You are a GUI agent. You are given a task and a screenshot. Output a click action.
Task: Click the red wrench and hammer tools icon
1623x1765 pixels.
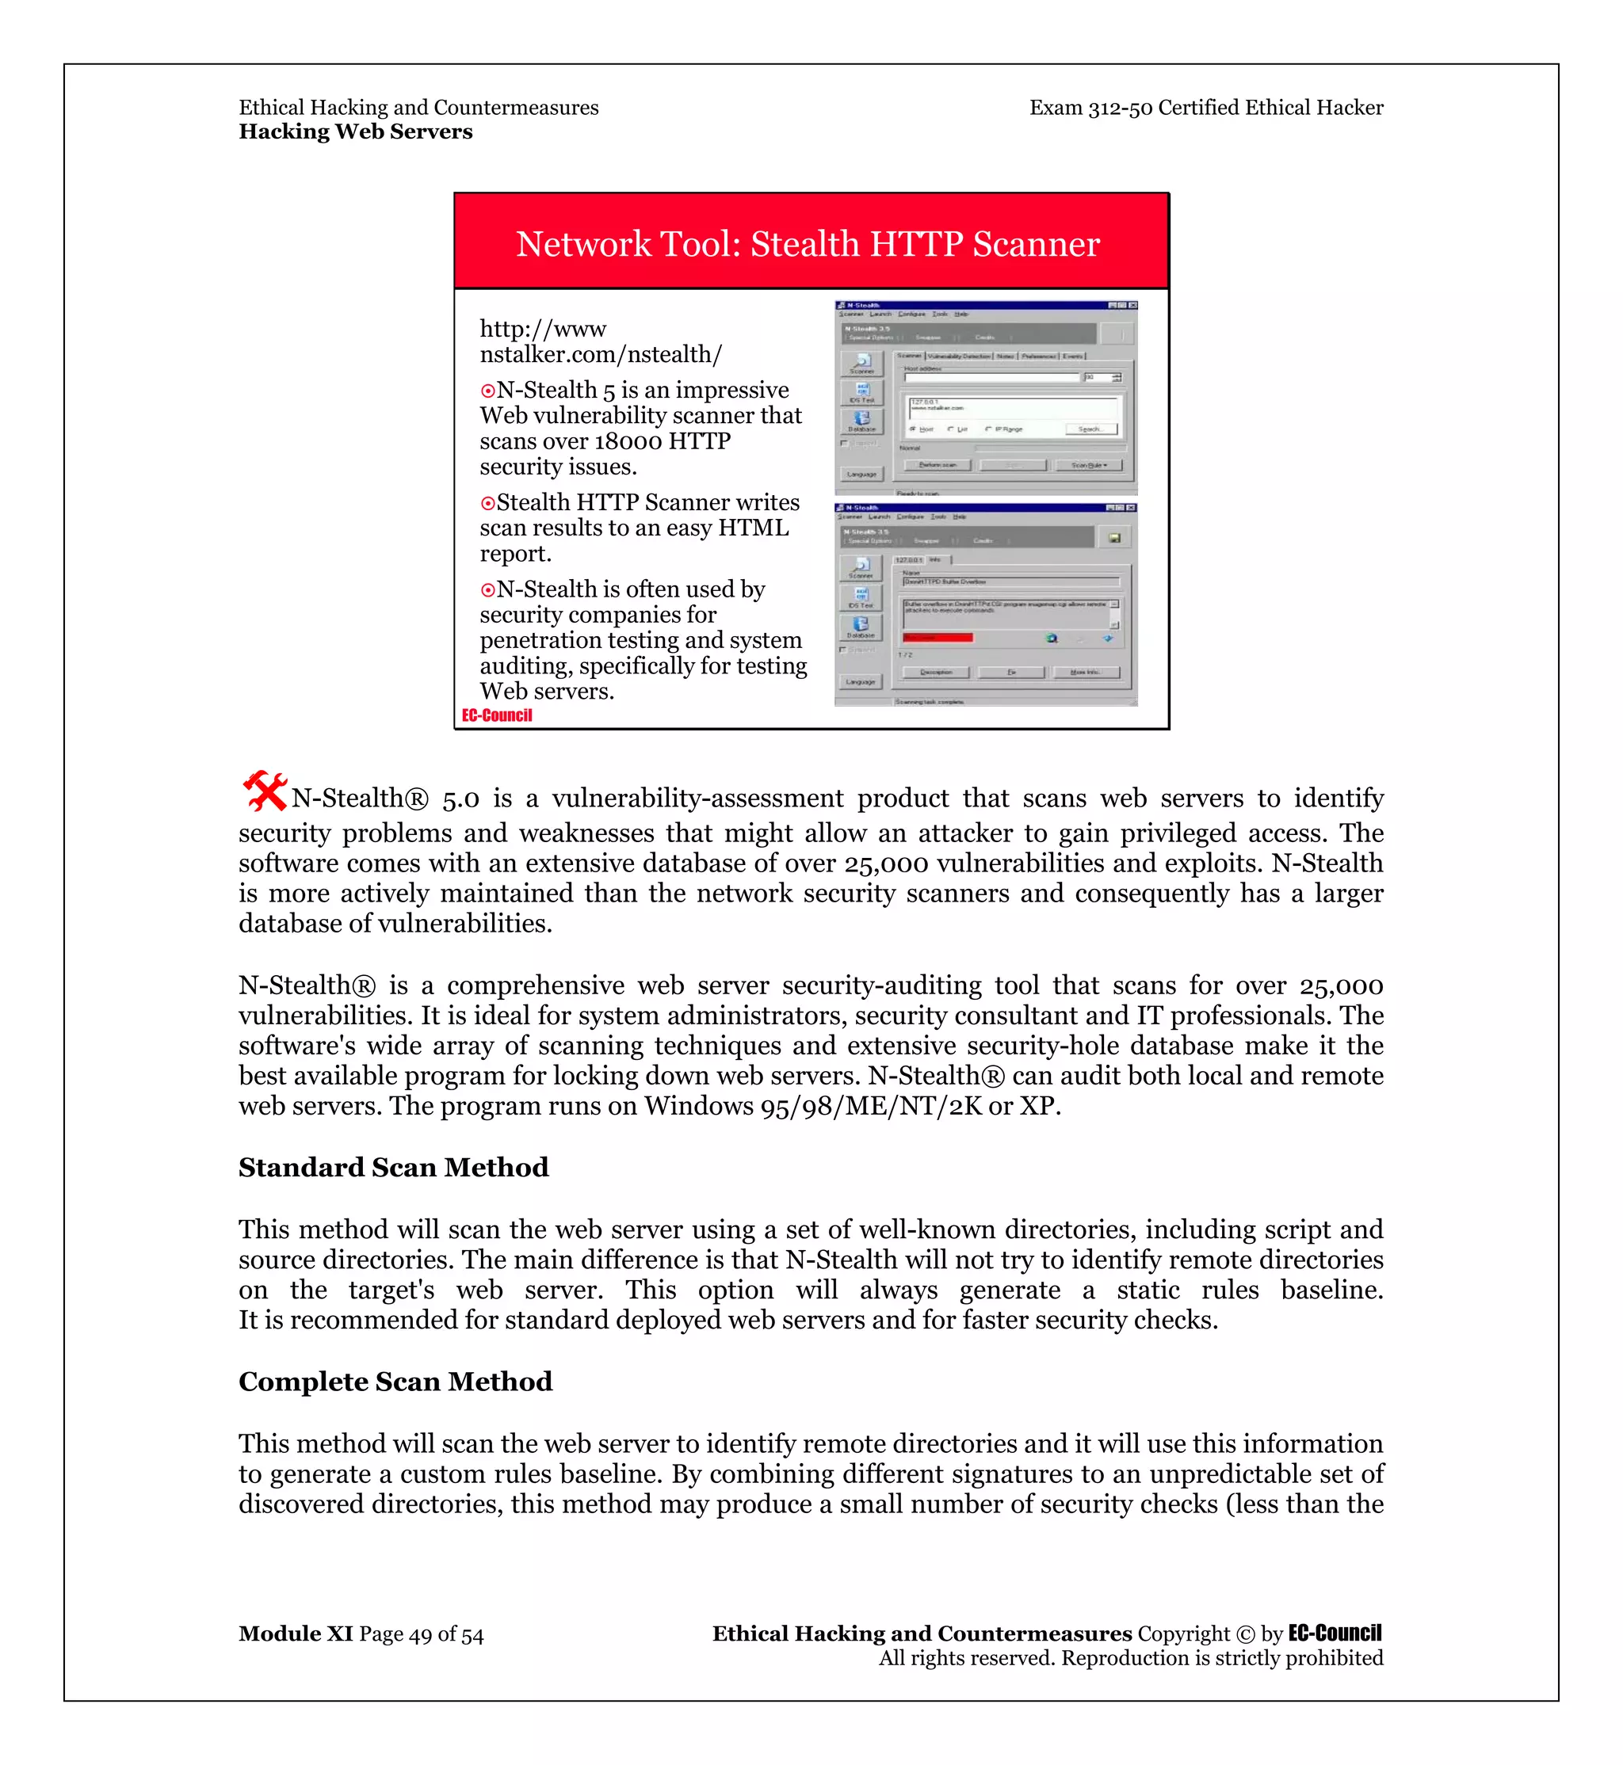(265, 791)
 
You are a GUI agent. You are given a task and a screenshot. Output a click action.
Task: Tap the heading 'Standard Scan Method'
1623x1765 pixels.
(393, 1167)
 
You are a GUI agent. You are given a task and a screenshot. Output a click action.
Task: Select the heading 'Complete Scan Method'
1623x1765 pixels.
(395, 1382)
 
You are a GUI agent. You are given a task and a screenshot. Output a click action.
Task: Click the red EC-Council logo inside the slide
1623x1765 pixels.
(497, 715)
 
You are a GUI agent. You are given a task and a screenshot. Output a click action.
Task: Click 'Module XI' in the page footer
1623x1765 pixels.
(295, 1634)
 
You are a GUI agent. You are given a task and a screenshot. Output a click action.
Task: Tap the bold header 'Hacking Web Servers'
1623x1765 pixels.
(356, 132)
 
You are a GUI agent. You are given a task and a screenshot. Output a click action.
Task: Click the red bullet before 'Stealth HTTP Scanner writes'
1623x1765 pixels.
(487, 503)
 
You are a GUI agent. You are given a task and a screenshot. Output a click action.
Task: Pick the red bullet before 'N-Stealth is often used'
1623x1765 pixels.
(487, 590)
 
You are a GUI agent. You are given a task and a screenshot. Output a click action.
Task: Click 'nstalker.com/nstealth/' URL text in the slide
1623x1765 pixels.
(601, 355)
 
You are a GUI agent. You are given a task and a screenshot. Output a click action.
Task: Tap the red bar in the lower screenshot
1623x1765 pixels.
(937, 638)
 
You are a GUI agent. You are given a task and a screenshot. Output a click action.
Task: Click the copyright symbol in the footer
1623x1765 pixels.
(1245, 1634)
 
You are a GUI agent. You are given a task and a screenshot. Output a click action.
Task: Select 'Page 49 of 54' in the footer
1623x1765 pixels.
(422, 1634)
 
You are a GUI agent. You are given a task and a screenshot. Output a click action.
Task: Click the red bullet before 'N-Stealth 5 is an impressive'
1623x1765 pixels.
(487, 391)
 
